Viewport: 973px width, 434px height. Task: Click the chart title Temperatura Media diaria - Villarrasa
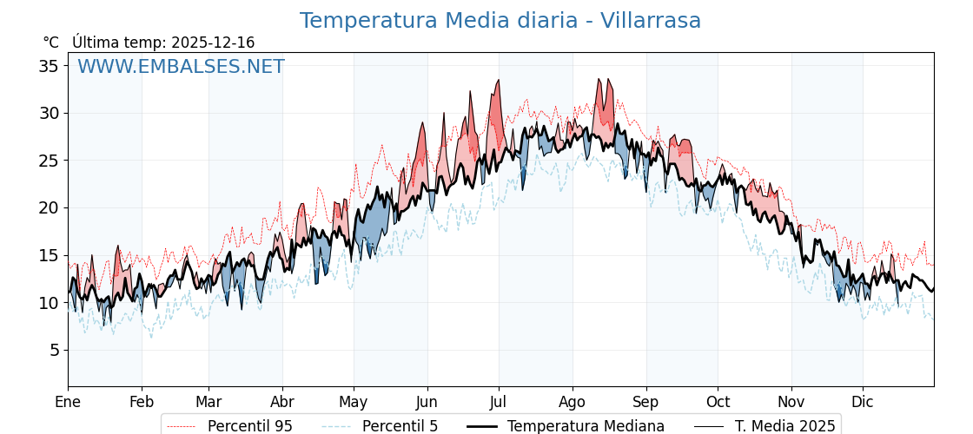(x=500, y=21)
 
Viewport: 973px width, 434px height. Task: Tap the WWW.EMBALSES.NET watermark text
(x=181, y=67)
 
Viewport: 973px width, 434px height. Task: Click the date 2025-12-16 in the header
(x=213, y=43)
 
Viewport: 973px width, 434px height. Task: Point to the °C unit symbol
(x=50, y=43)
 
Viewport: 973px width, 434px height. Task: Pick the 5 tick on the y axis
(x=54, y=350)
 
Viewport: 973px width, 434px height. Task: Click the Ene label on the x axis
(x=68, y=402)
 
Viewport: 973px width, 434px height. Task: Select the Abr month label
(x=282, y=402)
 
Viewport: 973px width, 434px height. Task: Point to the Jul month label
(x=499, y=402)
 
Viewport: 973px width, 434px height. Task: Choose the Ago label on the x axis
(x=573, y=402)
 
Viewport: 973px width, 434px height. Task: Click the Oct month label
(x=718, y=402)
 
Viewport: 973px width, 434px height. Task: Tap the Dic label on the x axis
(x=863, y=402)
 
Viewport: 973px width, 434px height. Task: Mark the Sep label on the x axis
(x=646, y=402)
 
